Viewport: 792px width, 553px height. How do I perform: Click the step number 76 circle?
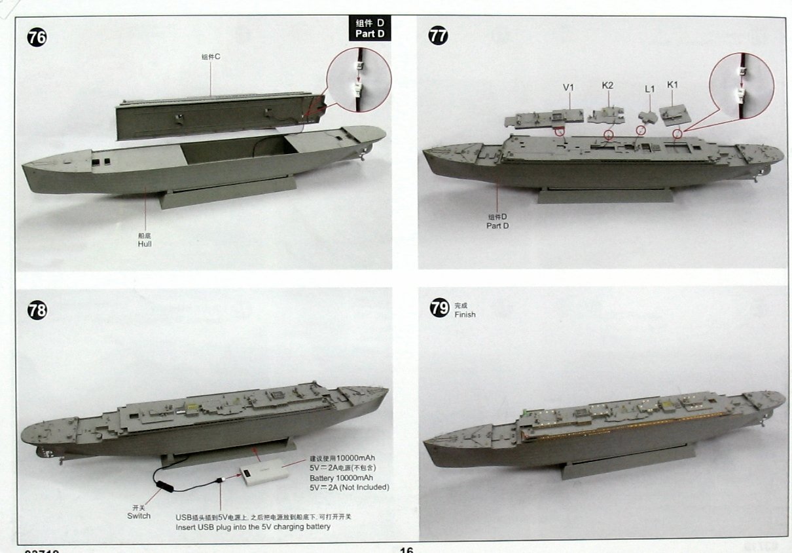point(37,38)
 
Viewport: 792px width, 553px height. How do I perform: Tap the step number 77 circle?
point(438,35)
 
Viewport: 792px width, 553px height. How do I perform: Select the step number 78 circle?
point(37,310)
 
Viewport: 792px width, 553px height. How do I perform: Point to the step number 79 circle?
point(439,308)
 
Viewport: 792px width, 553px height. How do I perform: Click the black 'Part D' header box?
point(369,28)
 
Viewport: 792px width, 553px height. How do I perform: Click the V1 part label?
point(568,86)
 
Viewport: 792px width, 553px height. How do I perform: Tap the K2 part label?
point(607,86)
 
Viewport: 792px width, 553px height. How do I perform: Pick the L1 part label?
point(649,88)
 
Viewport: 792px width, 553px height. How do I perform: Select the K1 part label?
point(673,85)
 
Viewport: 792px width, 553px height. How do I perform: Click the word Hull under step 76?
point(145,244)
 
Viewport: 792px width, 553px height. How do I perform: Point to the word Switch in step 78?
point(139,516)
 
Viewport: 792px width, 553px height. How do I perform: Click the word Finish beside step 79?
point(465,315)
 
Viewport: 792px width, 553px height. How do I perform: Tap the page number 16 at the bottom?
point(406,549)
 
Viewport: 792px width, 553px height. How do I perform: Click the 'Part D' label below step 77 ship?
point(497,225)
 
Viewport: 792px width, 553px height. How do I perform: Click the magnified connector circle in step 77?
point(742,83)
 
